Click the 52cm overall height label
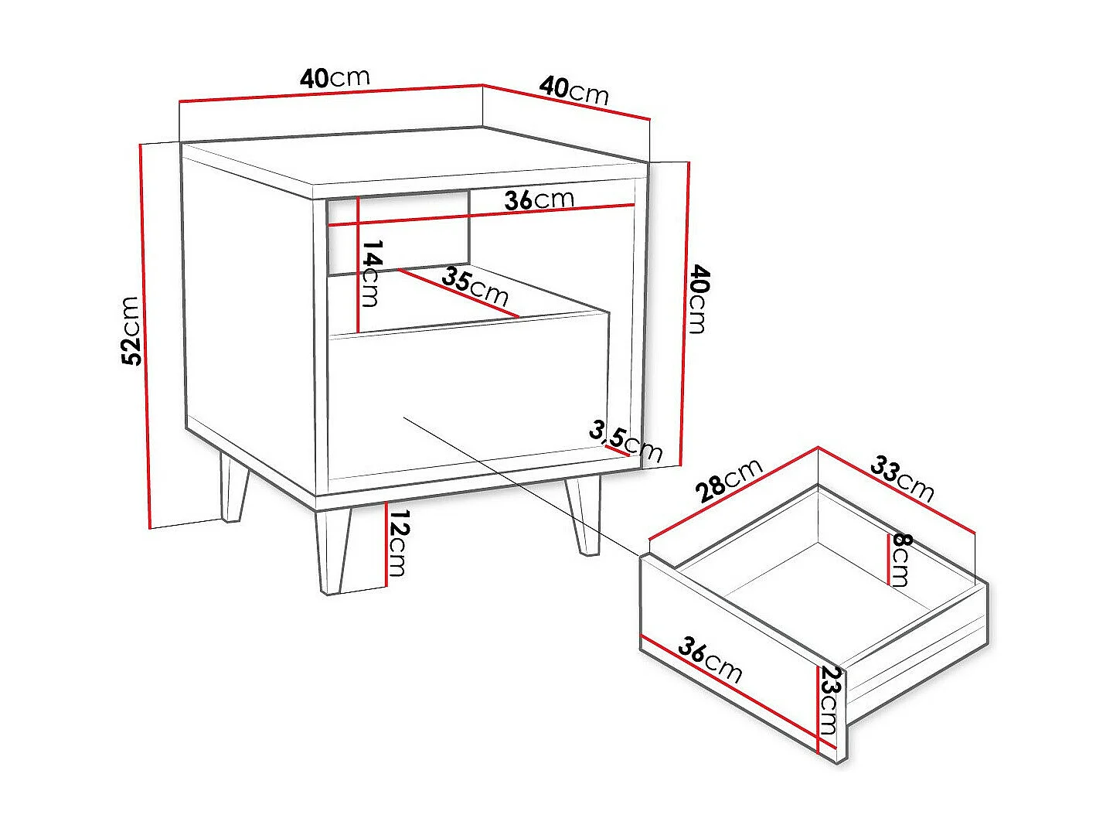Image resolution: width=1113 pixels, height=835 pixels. pyautogui.click(x=131, y=330)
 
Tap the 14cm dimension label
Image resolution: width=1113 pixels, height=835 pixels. pyautogui.click(x=372, y=273)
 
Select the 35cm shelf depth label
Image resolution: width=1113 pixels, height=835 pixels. pyautogui.click(x=475, y=286)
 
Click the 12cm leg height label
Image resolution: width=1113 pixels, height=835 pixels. pyautogui.click(x=397, y=544)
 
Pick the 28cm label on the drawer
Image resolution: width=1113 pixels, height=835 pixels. pyautogui.click(x=728, y=480)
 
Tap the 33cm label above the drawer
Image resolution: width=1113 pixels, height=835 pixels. pyautogui.click(x=902, y=478)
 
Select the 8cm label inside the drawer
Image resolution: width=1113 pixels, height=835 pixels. pyautogui.click(x=900, y=559)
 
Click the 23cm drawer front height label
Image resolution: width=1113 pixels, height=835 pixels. pyautogui.click(x=829, y=700)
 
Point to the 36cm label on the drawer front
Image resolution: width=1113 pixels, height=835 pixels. pyautogui.click(x=710, y=659)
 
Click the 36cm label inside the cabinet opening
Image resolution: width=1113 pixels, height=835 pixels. pyautogui.click(x=539, y=199)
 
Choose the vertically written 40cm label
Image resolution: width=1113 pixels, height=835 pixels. pyautogui.click(x=698, y=298)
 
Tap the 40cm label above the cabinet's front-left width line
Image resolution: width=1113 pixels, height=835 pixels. pyautogui.click(x=335, y=77)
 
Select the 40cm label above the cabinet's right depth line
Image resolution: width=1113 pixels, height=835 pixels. pyautogui.click(x=574, y=90)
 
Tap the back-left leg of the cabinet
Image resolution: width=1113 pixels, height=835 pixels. pyautogui.click(x=233, y=489)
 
